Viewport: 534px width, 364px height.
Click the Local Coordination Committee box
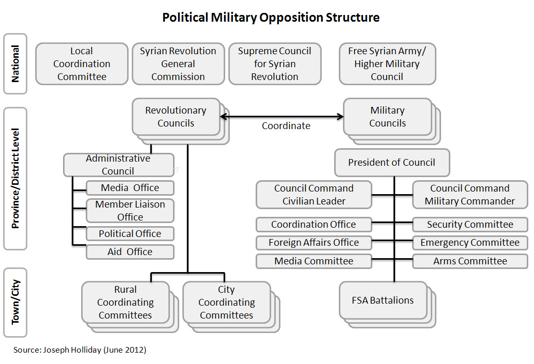[82, 64]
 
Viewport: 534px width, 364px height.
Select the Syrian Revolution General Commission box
[178, 64]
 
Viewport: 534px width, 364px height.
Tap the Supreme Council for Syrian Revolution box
[275, 64]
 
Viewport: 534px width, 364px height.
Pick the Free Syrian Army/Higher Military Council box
[387, 64]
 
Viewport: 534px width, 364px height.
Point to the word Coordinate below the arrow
[286, 126]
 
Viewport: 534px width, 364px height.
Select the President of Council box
[391, 163]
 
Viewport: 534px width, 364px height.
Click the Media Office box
[130, 188]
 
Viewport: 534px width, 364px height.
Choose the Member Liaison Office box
[130, 211]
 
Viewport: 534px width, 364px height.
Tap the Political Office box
[130, 233]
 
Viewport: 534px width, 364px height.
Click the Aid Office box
[130, 252]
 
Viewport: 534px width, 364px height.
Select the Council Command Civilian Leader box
[313, 195]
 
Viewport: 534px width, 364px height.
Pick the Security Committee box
[470, 225]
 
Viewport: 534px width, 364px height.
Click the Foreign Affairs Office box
[313, 243]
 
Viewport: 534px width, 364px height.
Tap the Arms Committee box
[470, 261]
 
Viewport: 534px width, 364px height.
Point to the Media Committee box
[313, 261]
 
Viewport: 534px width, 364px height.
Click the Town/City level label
[15, 302]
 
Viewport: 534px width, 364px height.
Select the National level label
[15, 64]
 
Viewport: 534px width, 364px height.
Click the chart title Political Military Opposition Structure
[271, 18]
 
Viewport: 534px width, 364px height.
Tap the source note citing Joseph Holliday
[80, 350]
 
